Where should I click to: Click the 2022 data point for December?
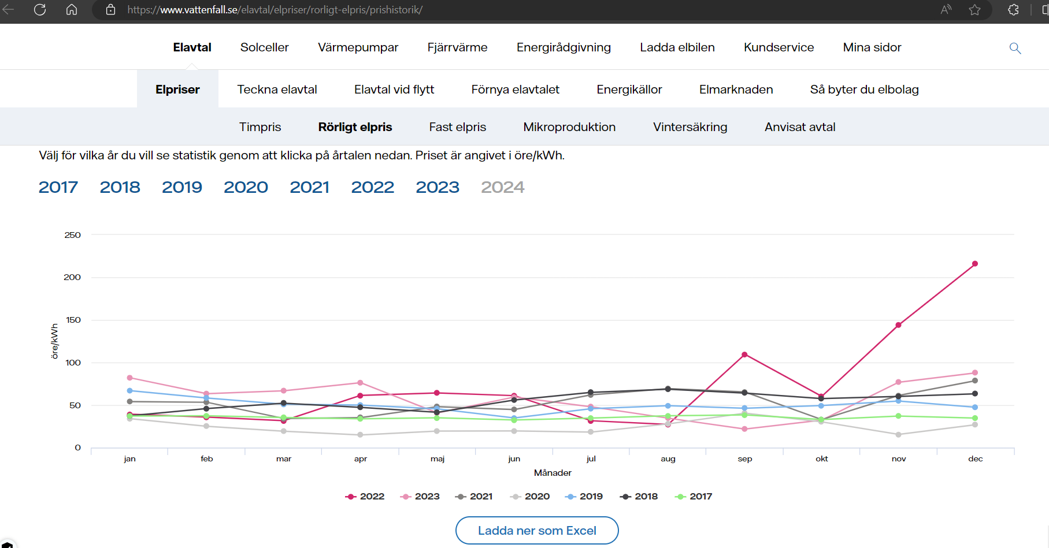point(975,264)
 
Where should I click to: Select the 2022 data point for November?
point(898,325)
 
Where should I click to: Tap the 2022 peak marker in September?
point(744,355)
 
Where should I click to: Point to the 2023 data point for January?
point(129,378)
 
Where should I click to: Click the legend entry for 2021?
point(474,497)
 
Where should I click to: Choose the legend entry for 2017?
point(694,497)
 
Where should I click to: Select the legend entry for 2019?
point(584,497)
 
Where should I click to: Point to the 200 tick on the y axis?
point(72,277)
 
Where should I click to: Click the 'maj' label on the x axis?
point(438,459)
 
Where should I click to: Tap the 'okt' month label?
point(822,459)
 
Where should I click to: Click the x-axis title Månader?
point(553,473)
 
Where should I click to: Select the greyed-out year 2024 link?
point(503,187)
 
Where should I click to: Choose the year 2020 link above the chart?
point(246,187)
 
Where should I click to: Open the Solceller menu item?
point(264,47)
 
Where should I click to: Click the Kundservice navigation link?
point(779,47)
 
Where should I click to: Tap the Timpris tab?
point(260,127)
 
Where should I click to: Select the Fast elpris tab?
point(458,127)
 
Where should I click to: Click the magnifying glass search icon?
point(1015,48)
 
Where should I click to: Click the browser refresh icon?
point(40,10)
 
